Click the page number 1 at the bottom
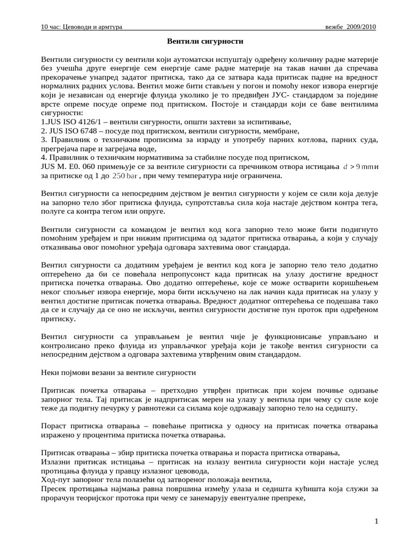(x=376, y=521)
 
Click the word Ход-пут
(x=56, y=480)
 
